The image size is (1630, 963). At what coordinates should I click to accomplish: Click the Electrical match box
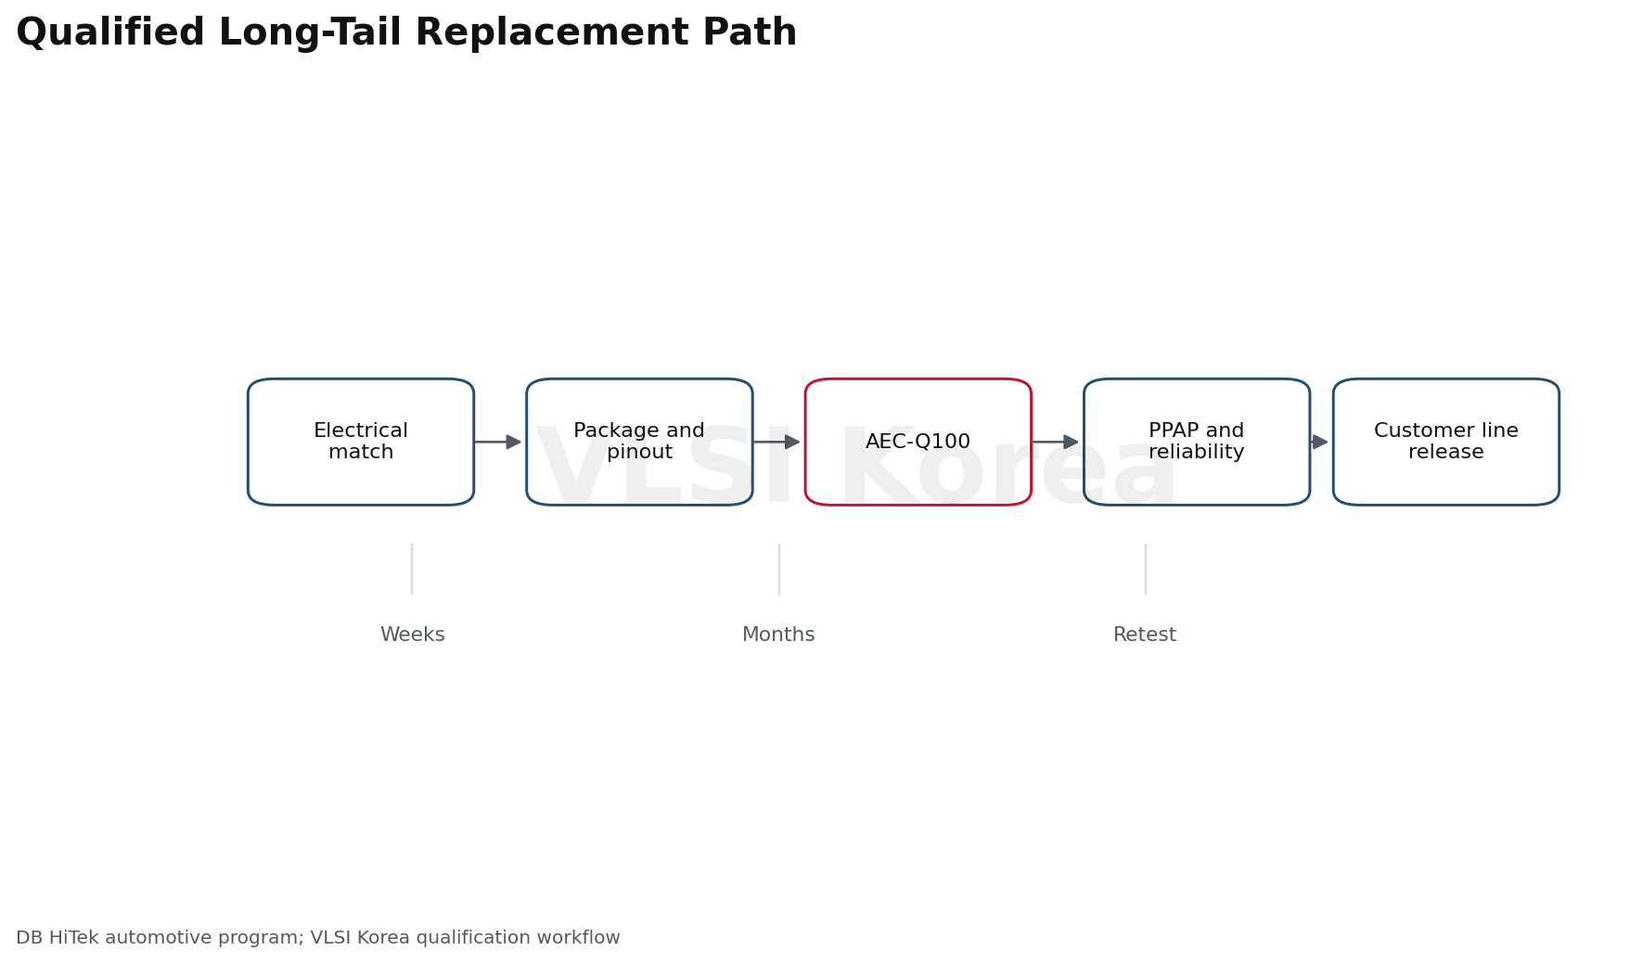(361, 442)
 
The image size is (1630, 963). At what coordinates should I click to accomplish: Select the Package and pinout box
(639, 442)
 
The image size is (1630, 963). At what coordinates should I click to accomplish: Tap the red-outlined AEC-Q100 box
(918, 442)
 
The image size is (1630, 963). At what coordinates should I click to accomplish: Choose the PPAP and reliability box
(1197, 442)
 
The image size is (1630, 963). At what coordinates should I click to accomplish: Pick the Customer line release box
(1446, 442)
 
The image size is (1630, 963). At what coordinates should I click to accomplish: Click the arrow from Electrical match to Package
(498, 442)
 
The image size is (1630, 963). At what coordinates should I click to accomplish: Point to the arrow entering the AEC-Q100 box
(776, 442)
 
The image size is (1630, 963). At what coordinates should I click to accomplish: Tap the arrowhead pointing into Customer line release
(1320, 442)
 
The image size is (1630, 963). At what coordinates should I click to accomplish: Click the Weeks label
(413, 635)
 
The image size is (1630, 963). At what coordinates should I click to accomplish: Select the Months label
(778, 635)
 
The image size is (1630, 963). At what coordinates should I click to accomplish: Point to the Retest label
(1145, 635)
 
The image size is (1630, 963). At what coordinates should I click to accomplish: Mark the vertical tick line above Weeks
(412, 569)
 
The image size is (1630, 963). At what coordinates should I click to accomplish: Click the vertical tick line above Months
(779, 569)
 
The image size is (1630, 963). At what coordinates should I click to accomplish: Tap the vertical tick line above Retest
(1146, 569)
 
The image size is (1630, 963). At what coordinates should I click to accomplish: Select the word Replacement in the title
(547, 33)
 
